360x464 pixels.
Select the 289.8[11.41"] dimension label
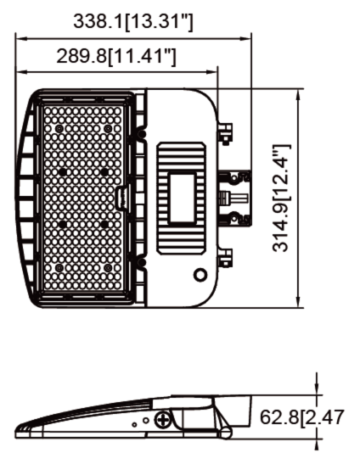coord(116,58)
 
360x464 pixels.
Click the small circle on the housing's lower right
coord(200,275)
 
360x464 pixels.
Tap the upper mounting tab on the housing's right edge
coord(225,133)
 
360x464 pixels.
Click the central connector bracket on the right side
coord(234,198)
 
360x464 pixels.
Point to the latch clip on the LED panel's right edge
coord(121,198)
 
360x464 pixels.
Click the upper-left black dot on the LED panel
coord(61,172)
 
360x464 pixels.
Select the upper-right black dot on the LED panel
coord(104,172)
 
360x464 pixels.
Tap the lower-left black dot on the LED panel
coord(61,224)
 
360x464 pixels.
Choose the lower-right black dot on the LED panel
coord(104,224)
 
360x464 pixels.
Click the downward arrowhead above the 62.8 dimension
coord(318,391)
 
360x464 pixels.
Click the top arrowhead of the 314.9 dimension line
coord(298,94)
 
